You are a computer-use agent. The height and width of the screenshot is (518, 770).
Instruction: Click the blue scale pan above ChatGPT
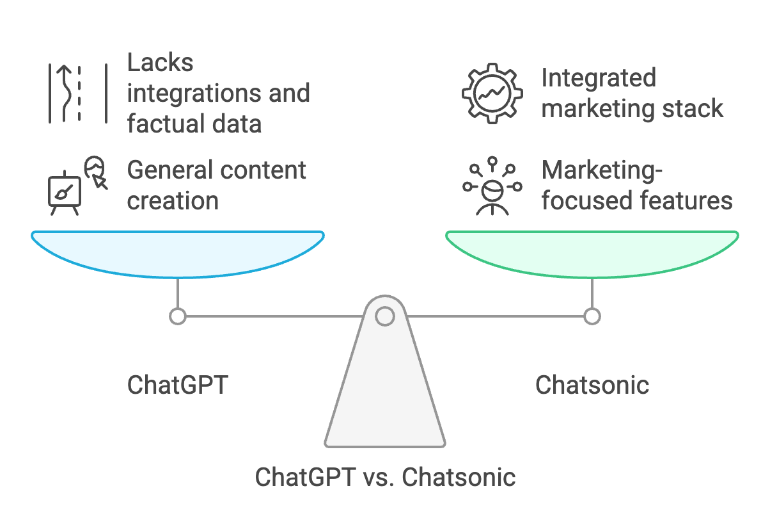point(177,253)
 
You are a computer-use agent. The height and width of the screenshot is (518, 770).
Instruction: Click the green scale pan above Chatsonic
point(592,253)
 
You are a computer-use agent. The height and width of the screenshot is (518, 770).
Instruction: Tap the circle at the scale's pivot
point(384,316)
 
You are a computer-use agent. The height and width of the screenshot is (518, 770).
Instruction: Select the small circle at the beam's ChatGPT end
point(177,316)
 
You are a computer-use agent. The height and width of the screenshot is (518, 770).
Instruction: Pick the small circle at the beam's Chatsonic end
point(592,316)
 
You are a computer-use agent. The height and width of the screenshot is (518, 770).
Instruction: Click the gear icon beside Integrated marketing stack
point(489,93)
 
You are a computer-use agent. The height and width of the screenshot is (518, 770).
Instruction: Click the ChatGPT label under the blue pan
point(177,385)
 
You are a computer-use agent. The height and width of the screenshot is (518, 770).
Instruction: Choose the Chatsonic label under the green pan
point(592,385)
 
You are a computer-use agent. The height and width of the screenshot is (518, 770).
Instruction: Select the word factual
point(164,124)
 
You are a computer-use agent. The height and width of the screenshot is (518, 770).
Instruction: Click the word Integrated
point(599,78)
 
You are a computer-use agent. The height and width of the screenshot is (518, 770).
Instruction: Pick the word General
point(169,170)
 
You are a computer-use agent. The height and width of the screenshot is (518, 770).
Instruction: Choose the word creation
point(173,200)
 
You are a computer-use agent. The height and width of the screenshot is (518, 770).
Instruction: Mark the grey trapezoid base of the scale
point(384,397)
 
